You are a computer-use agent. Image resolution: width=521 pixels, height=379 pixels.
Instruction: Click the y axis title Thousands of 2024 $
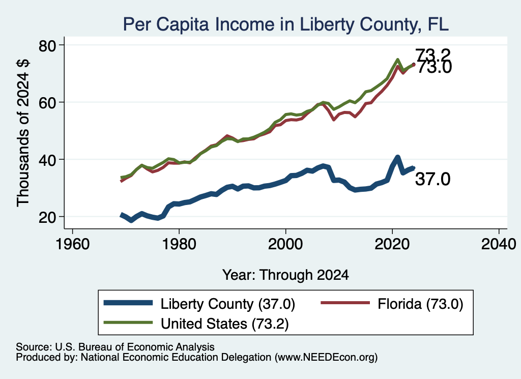23,133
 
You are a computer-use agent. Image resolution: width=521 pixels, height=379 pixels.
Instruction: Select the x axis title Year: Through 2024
285,275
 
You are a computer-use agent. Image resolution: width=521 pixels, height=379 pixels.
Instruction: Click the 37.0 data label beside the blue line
432,179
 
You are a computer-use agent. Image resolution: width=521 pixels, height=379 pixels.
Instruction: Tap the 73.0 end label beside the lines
435,67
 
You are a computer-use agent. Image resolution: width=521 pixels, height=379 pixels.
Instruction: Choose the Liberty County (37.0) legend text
227,304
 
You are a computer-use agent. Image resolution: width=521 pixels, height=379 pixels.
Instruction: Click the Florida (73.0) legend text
420,304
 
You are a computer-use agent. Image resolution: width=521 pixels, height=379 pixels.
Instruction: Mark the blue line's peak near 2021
397,157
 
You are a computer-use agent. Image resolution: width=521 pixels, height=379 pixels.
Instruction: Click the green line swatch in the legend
128,323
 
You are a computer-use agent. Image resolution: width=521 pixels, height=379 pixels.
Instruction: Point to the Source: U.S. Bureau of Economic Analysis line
115,347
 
